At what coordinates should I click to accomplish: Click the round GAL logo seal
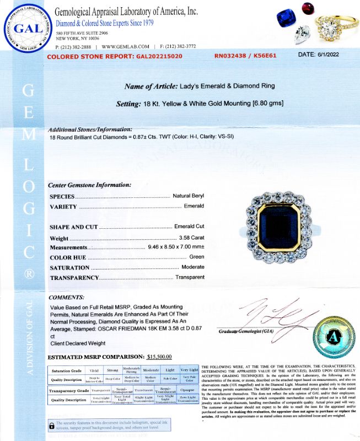pos(26,29)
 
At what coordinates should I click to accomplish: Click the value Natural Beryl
pos(188,196)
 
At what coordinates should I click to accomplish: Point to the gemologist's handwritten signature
pos(278,316)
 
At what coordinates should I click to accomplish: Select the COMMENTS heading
pos(67,297)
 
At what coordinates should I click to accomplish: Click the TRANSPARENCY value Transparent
pos(190,277)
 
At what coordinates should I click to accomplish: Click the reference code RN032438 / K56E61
pos(245,56)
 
